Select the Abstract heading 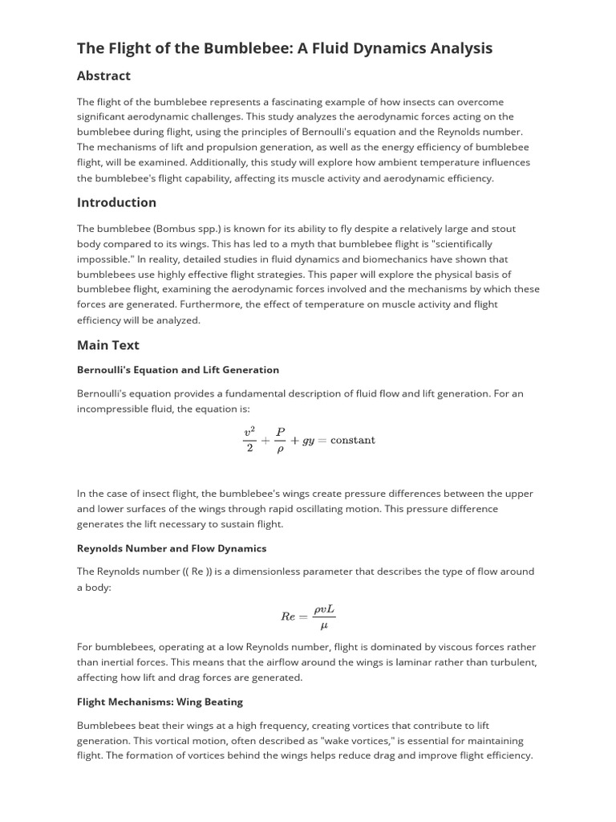pos(103,76)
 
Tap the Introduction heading pos(116,202)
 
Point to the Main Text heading pos(107,345)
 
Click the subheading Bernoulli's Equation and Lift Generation pos(178,370)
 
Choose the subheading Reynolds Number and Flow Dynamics pos(172,548)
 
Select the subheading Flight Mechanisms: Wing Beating pos(160,702)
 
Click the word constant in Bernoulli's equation pos(352,440)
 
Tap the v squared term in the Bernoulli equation pos(249,431)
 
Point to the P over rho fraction pos(280,441)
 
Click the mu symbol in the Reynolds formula pos(323,625)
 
